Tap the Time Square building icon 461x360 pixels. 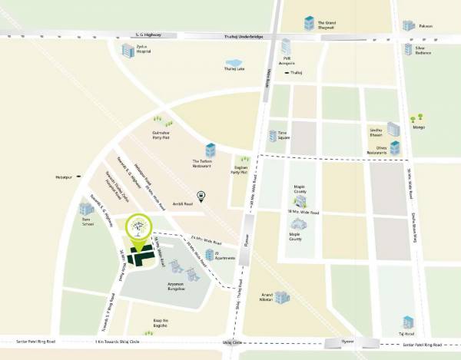(272, 136)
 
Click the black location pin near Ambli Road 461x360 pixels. (201, 197)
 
